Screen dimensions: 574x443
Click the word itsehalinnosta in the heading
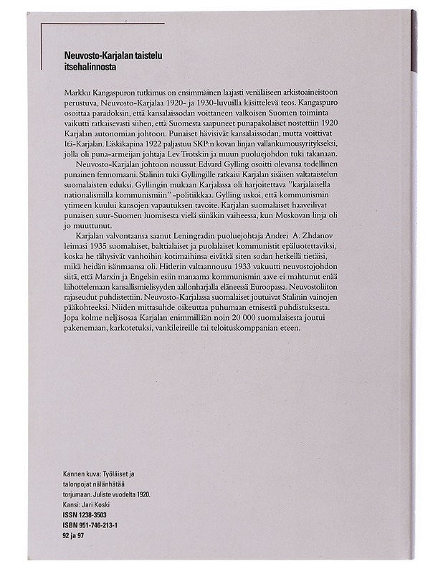point(85,68)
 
